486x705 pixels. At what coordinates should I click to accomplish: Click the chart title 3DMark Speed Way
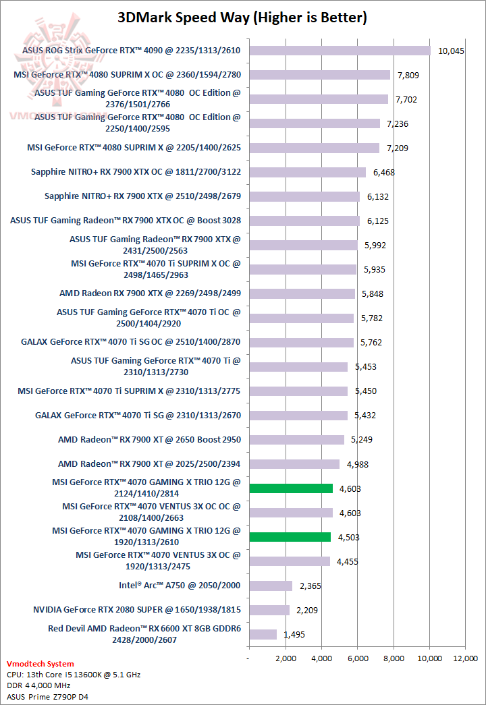point(242,18)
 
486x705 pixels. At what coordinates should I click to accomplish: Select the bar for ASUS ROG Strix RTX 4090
point(340,51)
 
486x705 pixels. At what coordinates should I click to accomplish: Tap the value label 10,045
point(451,51)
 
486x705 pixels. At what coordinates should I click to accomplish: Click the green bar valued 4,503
point(290,537)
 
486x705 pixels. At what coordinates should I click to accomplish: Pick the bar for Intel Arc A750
point(270,586)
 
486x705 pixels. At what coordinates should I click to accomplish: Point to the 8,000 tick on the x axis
point(394,658)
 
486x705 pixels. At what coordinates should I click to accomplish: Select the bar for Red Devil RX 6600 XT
point(263,634)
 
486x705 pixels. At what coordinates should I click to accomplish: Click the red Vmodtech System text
point(40,664)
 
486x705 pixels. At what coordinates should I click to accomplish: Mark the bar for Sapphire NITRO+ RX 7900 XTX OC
point(307,172)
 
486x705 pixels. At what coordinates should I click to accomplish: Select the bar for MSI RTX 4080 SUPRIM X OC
point(319,75)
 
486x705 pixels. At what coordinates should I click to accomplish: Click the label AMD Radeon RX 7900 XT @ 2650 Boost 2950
point(149,440)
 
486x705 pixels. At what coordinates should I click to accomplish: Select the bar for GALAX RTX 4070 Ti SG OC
point(301,342)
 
